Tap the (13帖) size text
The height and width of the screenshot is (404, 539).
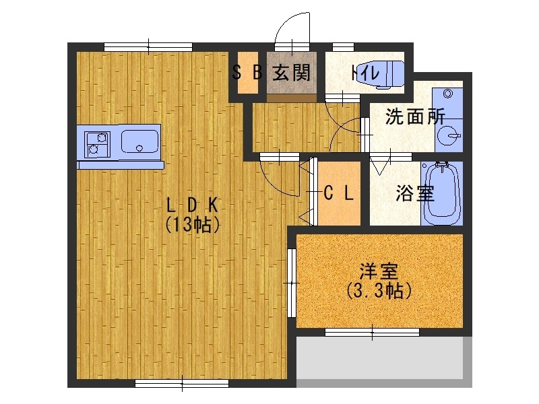[192, 225]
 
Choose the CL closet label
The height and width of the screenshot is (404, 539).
[339, 193]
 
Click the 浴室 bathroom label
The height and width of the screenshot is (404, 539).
[414, 194]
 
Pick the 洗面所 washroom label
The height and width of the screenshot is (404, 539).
[415, 116]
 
